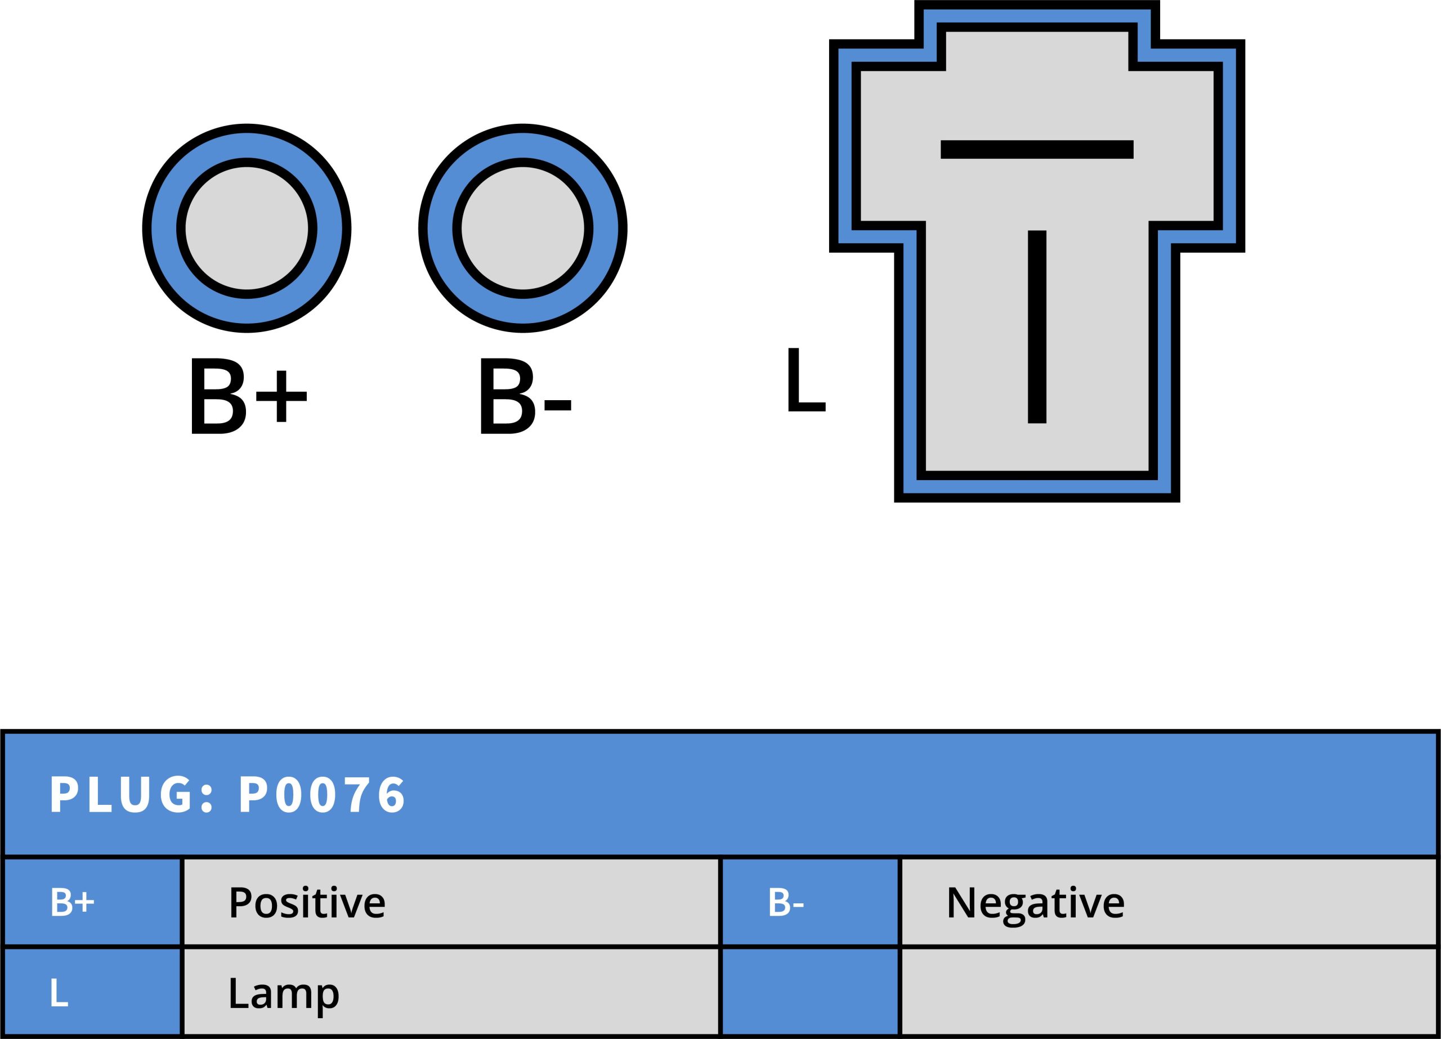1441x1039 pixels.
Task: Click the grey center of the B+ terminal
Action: pos(247,228)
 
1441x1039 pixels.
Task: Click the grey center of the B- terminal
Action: pos(522,228)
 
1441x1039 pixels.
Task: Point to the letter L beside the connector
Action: pos(805,380)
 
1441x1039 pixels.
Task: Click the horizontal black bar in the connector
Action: pos(1037,149)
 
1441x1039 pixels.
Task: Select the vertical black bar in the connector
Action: pos(1037,326)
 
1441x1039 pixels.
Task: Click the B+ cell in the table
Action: pos(92,902)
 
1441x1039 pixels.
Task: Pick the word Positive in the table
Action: pos(307,902)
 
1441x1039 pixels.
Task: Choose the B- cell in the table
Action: pos(810,902)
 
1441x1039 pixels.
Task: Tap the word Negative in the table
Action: pos(1035,903)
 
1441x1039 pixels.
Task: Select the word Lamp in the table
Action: pos(283,993)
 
